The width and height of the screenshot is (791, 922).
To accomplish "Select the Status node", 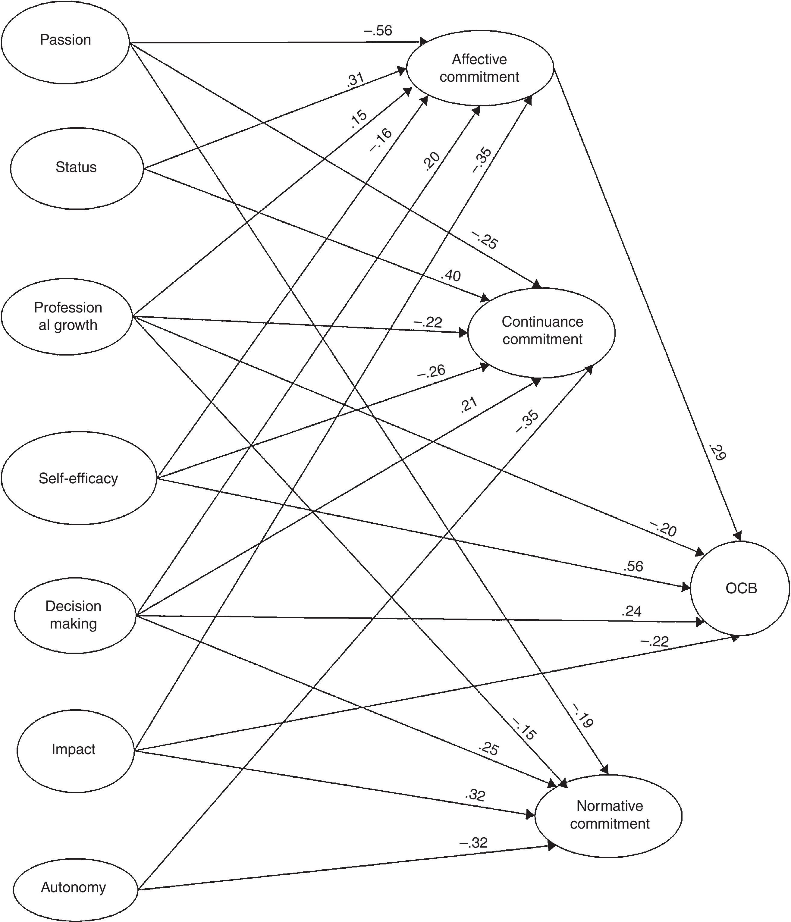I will point(77,168).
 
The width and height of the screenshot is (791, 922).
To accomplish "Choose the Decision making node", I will point(74,615).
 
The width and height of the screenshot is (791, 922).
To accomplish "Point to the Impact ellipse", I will point(74,749).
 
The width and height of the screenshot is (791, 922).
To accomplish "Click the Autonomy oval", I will point(74,887).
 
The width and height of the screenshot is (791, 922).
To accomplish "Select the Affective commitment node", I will point(479,68).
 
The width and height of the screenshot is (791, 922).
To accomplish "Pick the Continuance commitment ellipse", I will point(542,331).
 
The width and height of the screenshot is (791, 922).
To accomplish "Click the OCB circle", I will point(741,588).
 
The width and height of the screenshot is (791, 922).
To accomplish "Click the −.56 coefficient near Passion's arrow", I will point(378,31).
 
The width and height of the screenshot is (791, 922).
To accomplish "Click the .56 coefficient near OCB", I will point(633,566).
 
